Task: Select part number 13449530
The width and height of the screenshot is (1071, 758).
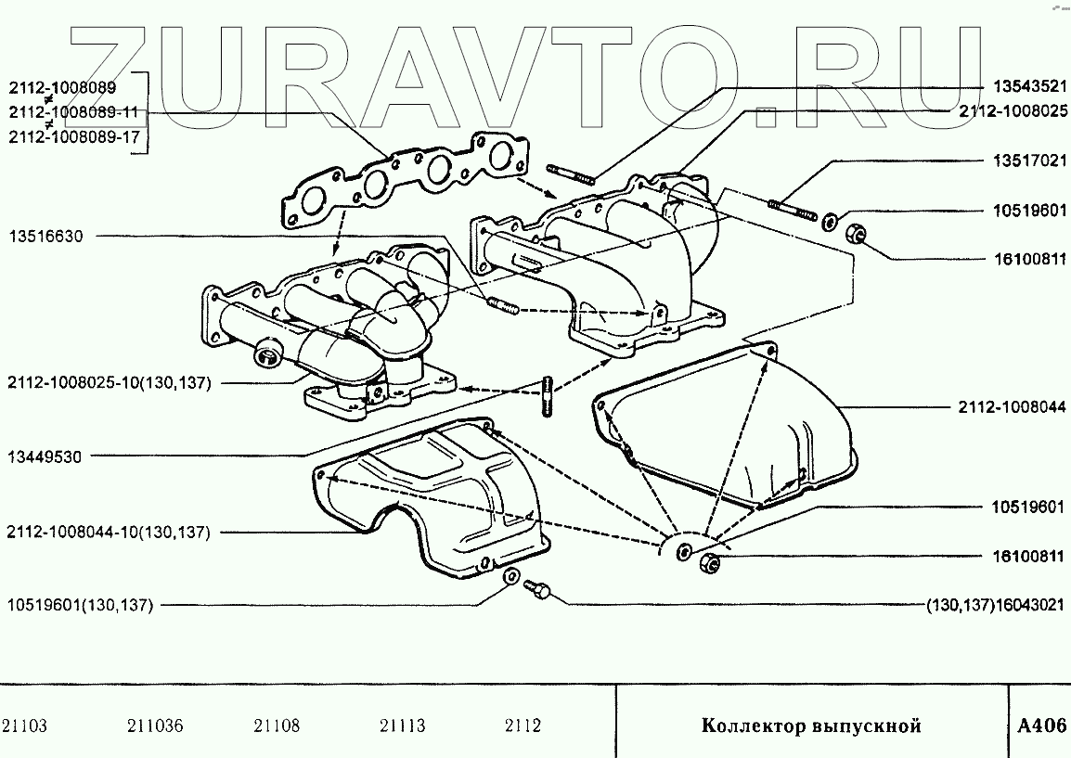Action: [x=45, y=456]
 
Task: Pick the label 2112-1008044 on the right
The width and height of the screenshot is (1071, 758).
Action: [x=1012, y=406]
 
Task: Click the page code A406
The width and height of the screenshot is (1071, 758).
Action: [x=1041, y=726]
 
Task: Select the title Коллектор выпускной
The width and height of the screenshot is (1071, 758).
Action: [x=810, y=726]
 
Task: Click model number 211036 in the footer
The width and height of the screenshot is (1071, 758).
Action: [x=153, y=726]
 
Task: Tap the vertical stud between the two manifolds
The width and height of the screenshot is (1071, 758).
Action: [x=548, y=396]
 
